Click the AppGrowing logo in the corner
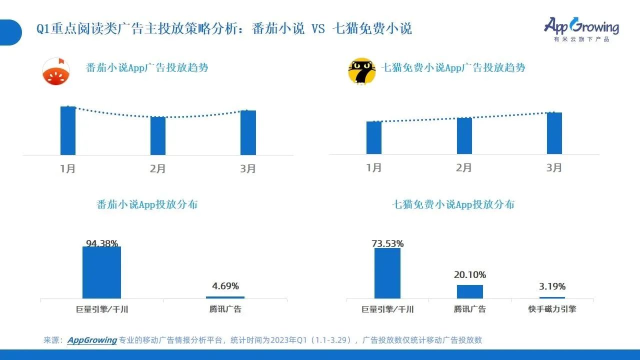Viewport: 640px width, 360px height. click(581, 29)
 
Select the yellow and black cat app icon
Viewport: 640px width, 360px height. click(361, 71)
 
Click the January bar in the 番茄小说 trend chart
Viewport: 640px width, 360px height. click(68, 130)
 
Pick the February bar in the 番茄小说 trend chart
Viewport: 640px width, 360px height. click(158, 135)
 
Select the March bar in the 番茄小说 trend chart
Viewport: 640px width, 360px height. click(248, 132)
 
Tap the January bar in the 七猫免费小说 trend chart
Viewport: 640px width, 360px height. click(374, 137)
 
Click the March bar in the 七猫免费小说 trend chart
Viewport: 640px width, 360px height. click(554, 133)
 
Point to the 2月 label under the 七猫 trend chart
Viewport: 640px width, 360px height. click(464, 168)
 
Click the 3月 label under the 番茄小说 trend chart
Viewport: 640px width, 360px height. click(248, 169)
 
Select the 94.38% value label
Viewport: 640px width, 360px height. click(102, 244)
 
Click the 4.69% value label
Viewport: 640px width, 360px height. click(225, 286)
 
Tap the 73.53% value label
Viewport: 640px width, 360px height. click(387, 244)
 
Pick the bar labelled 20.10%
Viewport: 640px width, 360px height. click(470, 291)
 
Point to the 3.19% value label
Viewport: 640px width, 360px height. click(552, 286)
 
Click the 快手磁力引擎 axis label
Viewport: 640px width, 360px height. click(552, 309)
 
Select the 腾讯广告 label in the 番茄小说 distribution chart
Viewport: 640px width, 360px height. click(225, 309)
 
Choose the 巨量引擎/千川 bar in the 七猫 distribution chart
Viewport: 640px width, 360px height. click(387, 273)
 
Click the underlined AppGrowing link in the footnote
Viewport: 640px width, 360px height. click(92, 340)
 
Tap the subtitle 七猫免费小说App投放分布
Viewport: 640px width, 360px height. click(453, 204)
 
